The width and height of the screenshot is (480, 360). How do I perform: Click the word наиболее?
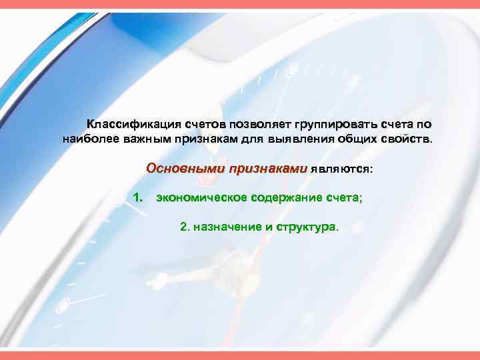88,140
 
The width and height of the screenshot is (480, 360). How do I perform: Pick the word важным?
143,140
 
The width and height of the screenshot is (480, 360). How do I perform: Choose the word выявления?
297,140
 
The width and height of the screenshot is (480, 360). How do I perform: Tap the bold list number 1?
138,197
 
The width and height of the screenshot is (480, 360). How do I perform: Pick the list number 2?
184,227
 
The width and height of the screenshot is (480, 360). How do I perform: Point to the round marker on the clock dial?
63,306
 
